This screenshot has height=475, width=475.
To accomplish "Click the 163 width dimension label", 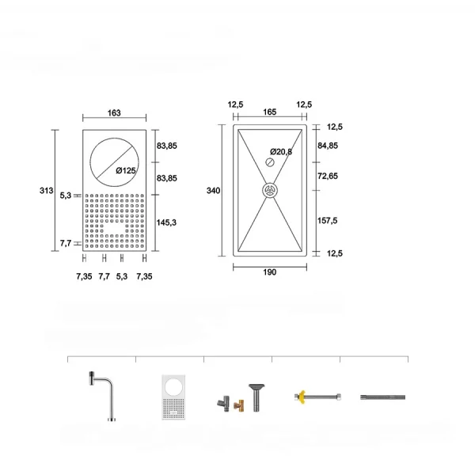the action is [114, 112].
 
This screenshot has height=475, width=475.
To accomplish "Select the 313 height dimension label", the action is [47, 191].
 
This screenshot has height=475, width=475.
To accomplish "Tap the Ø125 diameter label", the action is [126, 170].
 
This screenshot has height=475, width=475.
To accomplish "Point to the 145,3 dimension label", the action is [166, 222].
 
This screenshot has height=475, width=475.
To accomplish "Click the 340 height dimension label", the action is [213, 191].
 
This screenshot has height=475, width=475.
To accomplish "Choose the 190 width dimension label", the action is [270, 272].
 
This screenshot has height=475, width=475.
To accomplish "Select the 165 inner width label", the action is [270, 112].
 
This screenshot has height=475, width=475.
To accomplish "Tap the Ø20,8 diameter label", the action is [281, 151].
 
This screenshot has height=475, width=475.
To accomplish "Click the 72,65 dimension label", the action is [328, 176].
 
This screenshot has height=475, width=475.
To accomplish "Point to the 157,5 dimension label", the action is [327, 221].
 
